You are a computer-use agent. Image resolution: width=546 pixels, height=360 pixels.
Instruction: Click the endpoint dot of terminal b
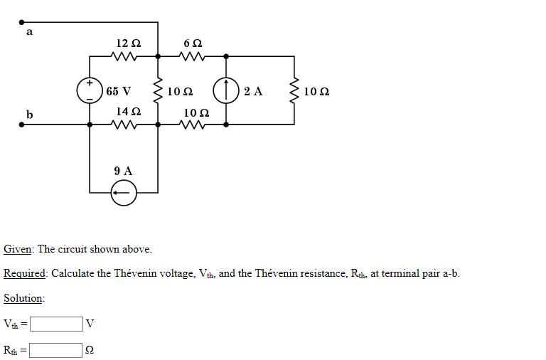22,125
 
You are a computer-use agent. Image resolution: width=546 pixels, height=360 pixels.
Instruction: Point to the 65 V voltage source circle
90,90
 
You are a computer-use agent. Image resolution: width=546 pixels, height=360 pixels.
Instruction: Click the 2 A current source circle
226,90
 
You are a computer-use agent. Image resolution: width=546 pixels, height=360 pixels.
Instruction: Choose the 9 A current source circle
124,193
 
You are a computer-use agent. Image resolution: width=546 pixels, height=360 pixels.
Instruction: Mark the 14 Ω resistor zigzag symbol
124,125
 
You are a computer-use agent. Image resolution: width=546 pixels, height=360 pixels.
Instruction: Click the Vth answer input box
56,324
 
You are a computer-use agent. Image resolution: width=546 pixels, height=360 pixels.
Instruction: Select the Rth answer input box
56,350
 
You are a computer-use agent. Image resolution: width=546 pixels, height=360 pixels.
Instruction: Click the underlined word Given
17,249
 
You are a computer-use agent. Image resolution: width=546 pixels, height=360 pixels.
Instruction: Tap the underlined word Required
24,274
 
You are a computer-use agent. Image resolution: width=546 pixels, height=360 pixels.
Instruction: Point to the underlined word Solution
23,299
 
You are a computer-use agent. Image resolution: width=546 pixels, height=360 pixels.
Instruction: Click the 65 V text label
118,91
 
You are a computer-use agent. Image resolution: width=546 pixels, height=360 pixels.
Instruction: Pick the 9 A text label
123,171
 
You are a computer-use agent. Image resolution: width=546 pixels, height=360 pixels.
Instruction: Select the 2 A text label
252,91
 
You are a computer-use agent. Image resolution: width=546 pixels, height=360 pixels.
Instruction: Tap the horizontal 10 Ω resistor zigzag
192,125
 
